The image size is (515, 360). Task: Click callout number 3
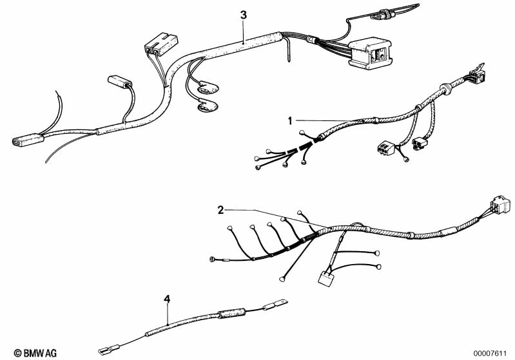[x=243, y=15]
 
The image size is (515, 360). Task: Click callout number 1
[x=289, y=121]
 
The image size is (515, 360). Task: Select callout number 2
[x=220, y=210]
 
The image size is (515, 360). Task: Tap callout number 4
[x=167, y=299]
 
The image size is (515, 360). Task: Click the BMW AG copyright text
[x=35, y=353]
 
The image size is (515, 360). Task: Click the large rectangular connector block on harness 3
[x=370, y=54]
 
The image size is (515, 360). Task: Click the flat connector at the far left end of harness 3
[x=28, y=140]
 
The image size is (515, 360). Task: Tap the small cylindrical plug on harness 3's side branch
[x=119, y=82]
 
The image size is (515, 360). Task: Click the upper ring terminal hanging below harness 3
[x=208, y=89]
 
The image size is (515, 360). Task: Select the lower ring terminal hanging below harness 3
[x=208, y=107]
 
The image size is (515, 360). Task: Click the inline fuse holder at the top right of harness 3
[x=384, y=15]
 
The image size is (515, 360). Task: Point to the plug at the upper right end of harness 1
[x=477, y=75]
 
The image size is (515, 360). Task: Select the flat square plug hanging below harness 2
[x=327, y=279]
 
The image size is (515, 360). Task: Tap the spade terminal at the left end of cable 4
[x=110, y=349]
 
